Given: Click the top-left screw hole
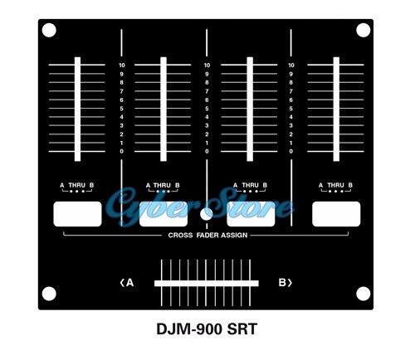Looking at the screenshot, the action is [49, 30].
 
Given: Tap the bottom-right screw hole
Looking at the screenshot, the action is [363, 294].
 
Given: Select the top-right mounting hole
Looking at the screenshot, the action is [363, 30].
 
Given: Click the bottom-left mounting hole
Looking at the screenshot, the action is [49, 294].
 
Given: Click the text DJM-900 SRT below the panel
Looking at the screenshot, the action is [207, 329].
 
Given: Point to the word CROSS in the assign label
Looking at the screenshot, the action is [180, 236].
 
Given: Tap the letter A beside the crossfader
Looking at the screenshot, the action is [129, 283].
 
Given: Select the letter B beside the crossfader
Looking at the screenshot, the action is [282, 283].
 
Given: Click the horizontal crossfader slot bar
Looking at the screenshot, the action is [207, 284].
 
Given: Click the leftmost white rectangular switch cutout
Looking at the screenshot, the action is [77, 214].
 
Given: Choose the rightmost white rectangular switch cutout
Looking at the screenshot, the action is [336, 214].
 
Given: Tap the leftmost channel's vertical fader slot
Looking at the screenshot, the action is [77, 109].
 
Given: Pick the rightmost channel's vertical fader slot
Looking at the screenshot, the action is [336, 109].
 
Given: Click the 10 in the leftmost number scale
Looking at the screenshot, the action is [122, 66].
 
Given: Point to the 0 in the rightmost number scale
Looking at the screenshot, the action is [290, 151].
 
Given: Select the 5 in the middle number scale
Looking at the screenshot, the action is [207, 109].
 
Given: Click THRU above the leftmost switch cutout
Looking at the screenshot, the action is [77, 185].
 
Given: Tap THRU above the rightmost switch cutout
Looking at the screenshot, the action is [335, 185].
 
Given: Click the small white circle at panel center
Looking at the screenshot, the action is [206, 214].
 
